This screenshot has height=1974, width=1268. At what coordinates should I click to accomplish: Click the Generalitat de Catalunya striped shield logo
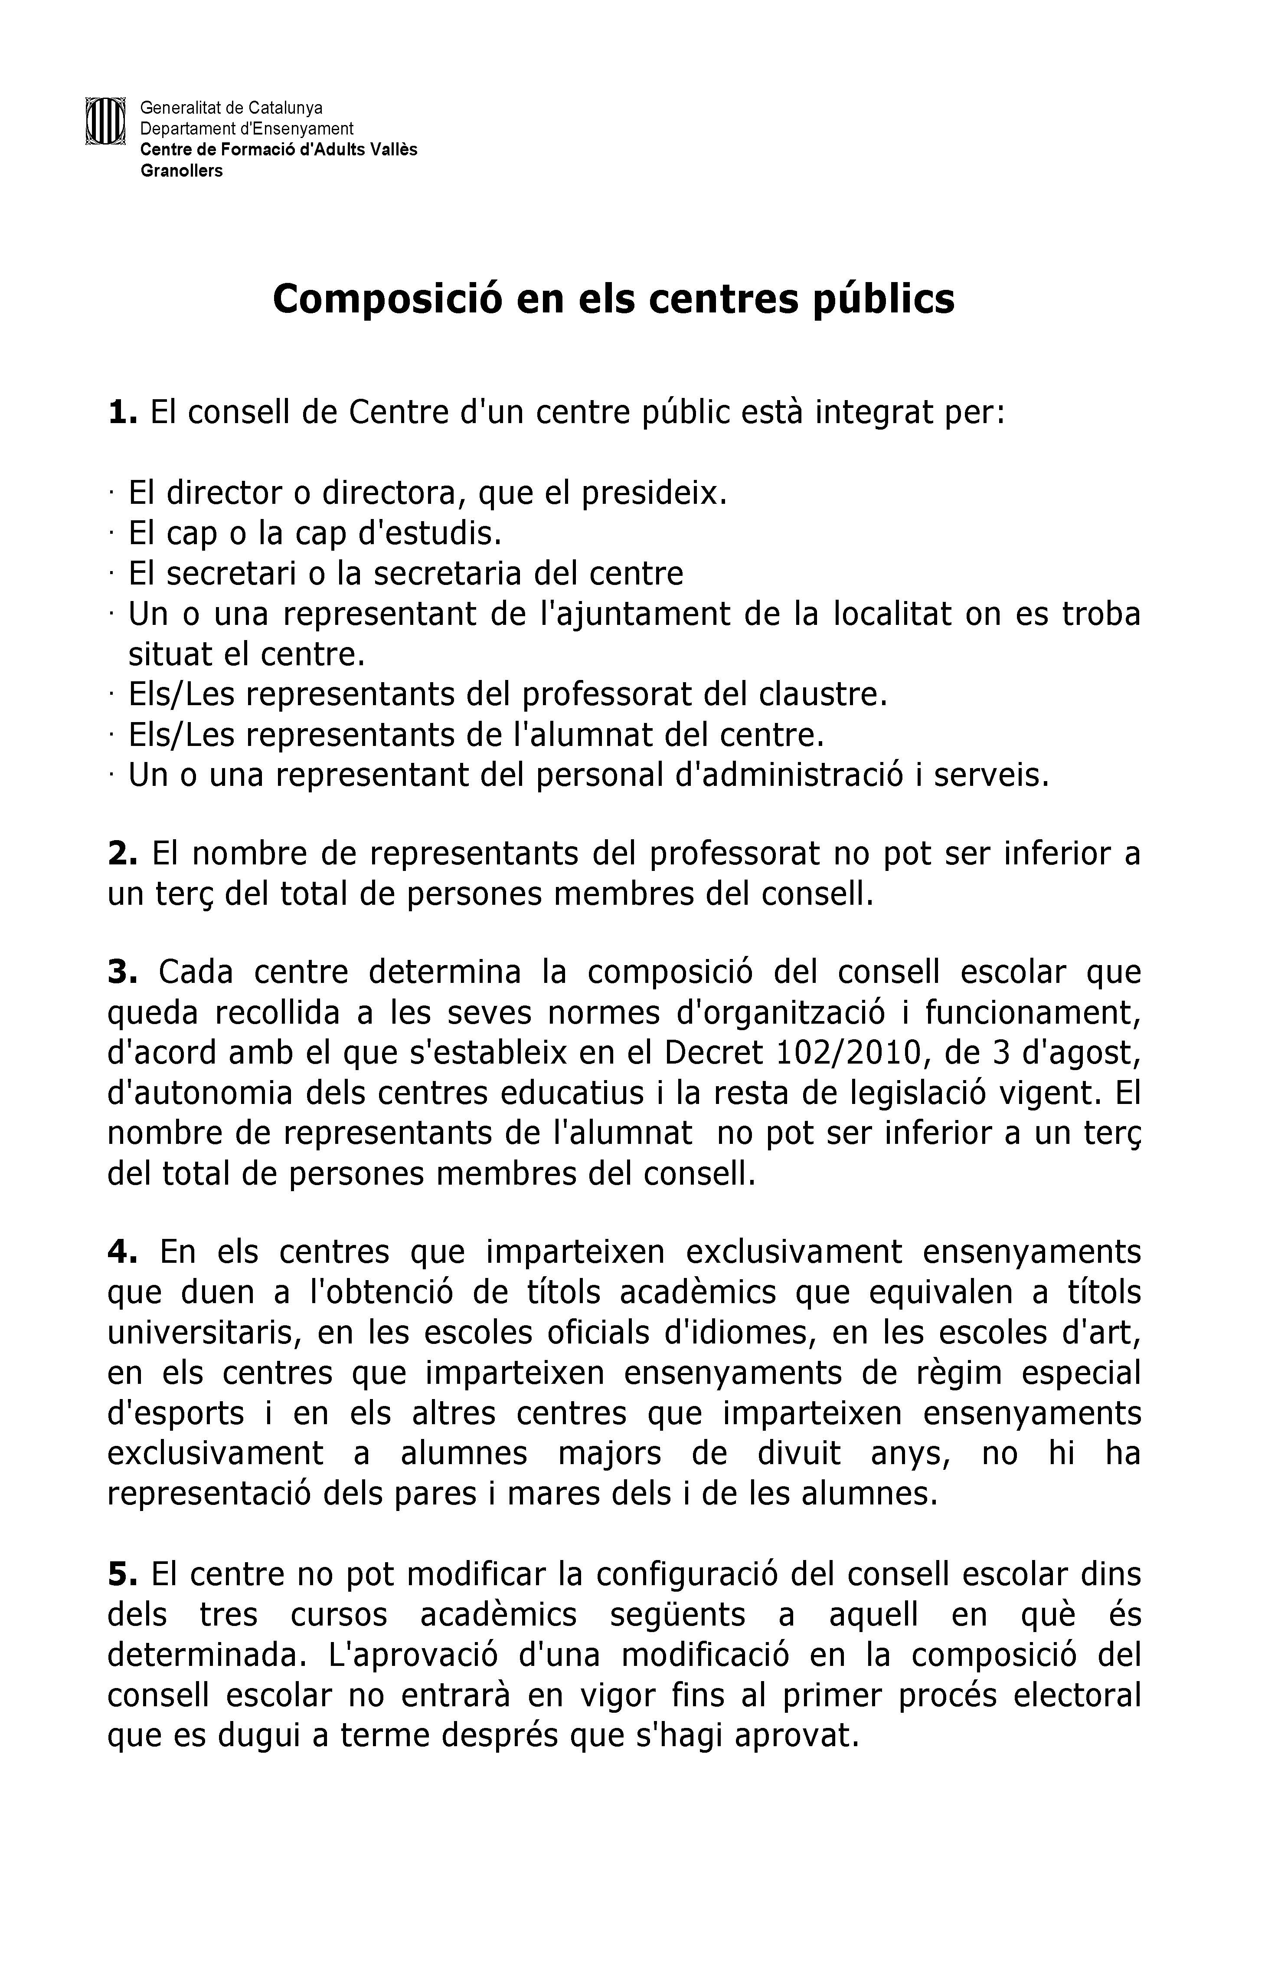(x=105, y=121)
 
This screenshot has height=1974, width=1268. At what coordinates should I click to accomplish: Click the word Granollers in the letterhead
(x=181, y=171)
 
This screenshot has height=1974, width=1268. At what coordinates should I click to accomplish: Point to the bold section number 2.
(x=122, y=854)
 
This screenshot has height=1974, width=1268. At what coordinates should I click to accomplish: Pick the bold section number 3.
(x=122, y=973)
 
